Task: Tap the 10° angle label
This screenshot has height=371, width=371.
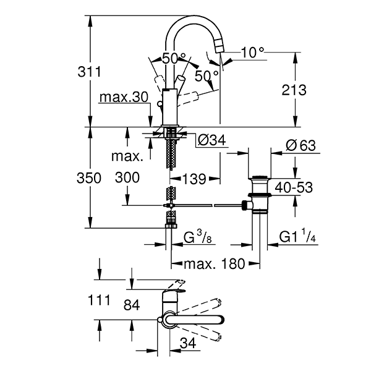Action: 252,53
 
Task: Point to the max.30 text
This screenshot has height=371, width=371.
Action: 124,98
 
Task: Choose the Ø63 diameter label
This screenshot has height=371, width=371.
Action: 302,146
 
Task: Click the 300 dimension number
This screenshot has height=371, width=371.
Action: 127,178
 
